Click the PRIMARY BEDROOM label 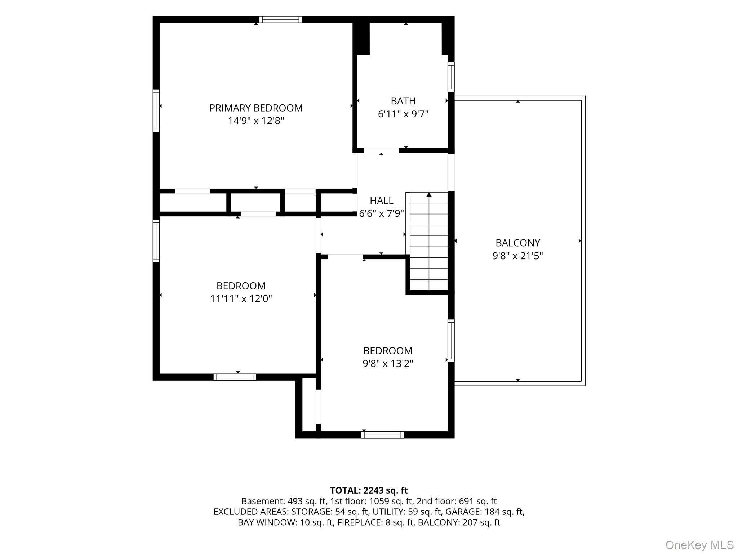[256, 108]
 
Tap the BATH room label [403, 101]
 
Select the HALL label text [382, 201]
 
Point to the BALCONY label [518, 243]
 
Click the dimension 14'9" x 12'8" [256, 121]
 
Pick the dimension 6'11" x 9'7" [403, 114]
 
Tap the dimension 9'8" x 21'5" [518, 256]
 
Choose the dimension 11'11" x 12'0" [241, 299]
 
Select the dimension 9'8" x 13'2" [388, 364]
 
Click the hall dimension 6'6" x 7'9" [382, 214]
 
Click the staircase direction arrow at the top [429, 195]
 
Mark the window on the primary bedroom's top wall [280, 19]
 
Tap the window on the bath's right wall [451, 77]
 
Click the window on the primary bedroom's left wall [156, 111]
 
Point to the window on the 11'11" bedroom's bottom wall [235, 377]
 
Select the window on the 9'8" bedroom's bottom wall [382, 435]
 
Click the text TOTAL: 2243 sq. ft [369, 490]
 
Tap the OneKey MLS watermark [699, 545]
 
